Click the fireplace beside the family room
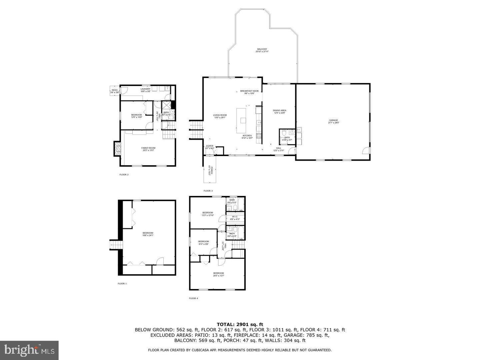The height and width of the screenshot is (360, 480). click(x=117, y=149)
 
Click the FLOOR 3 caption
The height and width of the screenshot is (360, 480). click(x=208, y=191)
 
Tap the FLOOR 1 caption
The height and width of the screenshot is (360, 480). click(x=122, y=284)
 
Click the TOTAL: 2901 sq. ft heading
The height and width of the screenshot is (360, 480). click(x=240, y=324)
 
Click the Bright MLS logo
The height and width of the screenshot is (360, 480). click(x=29, y=350)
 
